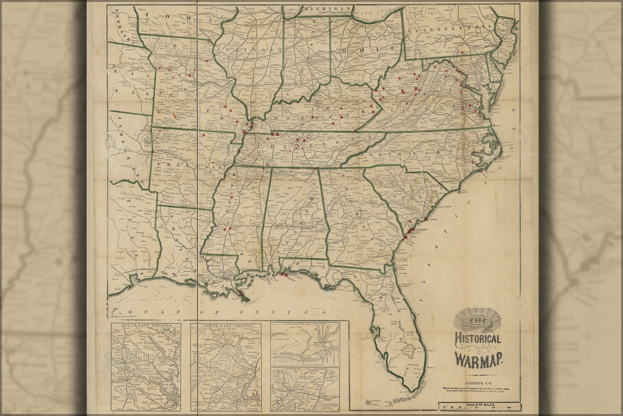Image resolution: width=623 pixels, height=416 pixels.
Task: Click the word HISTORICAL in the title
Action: pyautogui.click(x=477, y=339)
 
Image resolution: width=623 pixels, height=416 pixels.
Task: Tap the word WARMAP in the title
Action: pyautogui.click(x=479, y=359)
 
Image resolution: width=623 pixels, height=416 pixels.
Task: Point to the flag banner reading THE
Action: pyautogui.click(x=477, y=322)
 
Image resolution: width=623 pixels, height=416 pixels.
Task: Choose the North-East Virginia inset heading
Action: pyautogui.click(x=226, y=326)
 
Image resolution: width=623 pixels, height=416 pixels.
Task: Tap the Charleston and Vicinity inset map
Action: pyautogui.click(x=305, y=345)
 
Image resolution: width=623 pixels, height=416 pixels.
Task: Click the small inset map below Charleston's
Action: pyautogui.click(x=305, y=389)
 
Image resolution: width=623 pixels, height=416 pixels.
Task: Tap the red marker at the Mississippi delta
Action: pyautogui.click(x=241, y=294)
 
